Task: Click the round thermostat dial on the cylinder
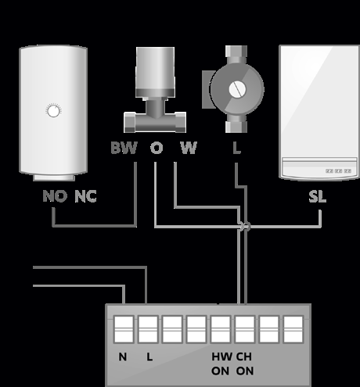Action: coord(53,110)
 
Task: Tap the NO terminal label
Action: coord(55,196)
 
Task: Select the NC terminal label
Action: coord(85,196)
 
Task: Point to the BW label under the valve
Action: coord(124,148)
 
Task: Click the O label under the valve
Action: coord(157,148)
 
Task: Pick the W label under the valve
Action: coord(189,148)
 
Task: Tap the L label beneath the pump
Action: coord(236,148)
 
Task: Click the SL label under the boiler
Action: coord(318,196)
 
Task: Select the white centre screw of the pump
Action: coord(237,89)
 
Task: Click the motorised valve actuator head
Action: coord(155,72)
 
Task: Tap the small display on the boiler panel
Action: coord(338,171)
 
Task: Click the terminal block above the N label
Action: coord(124,329)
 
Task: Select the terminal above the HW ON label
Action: coord(221,329)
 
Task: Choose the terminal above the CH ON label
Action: coord(245,329)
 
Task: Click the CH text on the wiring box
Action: coord(244,357)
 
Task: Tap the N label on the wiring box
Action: coord(123,357)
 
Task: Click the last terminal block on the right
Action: coord(293,329)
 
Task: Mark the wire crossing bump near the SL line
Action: coord(245,226)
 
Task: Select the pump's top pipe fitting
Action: coord(236,54)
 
